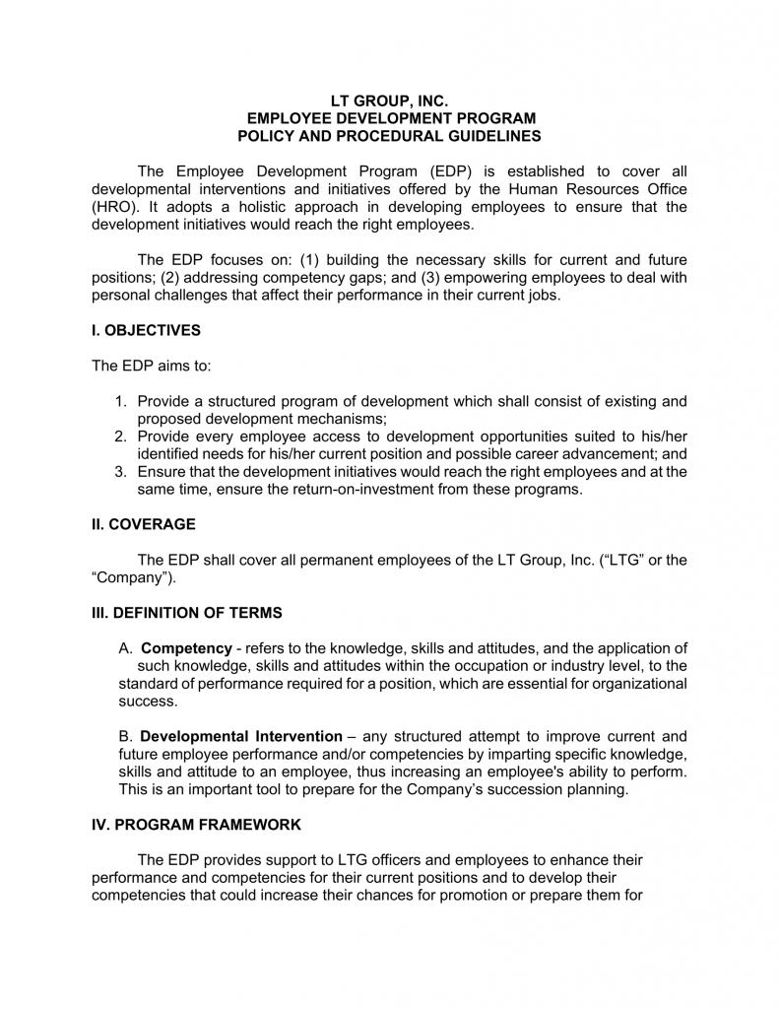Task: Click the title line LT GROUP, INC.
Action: (389, 101)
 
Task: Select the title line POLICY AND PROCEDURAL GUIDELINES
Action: (389, 135)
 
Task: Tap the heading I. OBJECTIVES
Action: (146, 330)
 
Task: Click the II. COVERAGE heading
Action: (143, 525)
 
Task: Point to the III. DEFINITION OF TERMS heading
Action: (187, 613)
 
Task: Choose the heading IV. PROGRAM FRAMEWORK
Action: (197, 824)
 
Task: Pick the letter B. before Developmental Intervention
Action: (125, 736)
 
